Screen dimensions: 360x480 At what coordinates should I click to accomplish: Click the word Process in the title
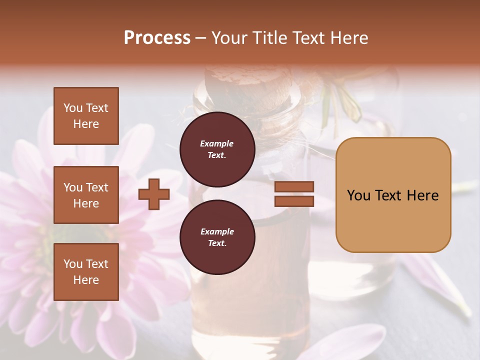click(157, 38)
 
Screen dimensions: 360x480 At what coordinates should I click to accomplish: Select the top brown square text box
click(86, 116)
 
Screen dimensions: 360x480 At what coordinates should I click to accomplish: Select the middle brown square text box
click(86, 195)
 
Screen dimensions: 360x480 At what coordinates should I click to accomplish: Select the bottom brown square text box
click(86, 272)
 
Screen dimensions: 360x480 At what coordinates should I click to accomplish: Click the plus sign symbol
click(154, 194)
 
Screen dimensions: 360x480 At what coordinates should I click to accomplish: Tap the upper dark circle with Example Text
click(217, 149)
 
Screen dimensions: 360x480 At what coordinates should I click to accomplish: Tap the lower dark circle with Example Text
click(217, 237)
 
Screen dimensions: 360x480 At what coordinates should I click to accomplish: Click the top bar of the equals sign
click(294, 187)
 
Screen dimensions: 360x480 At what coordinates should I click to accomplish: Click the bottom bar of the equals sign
click(294, 201)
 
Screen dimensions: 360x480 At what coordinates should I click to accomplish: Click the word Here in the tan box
click(422, 195)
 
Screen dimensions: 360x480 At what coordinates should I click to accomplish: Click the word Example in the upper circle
click(217, 143)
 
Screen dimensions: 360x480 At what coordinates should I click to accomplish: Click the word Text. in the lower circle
click(217, 243)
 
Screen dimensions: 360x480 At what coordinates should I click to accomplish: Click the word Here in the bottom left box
click(86, 280)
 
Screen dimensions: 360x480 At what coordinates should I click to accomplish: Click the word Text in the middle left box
click(97, 187)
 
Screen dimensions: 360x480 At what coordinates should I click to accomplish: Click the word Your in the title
click(229, 38)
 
